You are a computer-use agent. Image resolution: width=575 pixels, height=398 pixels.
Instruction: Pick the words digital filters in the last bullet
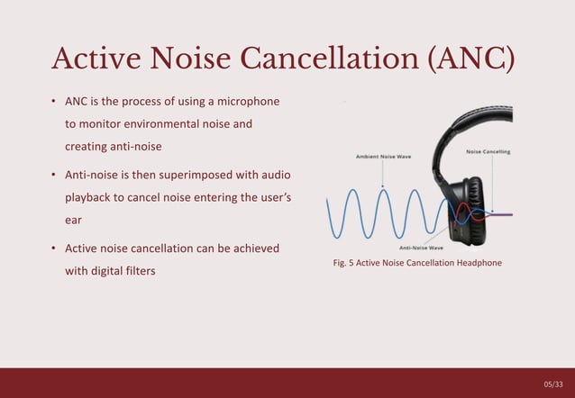(123, 270)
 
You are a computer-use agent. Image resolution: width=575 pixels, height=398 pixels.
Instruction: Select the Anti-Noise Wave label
(421, 248)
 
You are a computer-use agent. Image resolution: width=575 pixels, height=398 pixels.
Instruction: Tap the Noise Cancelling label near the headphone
(488, 151)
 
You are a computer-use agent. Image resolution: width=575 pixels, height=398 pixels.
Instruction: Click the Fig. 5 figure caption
(417, 263)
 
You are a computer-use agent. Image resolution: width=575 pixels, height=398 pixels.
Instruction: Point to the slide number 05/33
(552, 384)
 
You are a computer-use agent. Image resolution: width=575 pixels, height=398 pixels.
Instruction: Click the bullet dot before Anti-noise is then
(54, 174)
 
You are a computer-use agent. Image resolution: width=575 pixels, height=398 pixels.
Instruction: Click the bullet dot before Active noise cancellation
(54, 248)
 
